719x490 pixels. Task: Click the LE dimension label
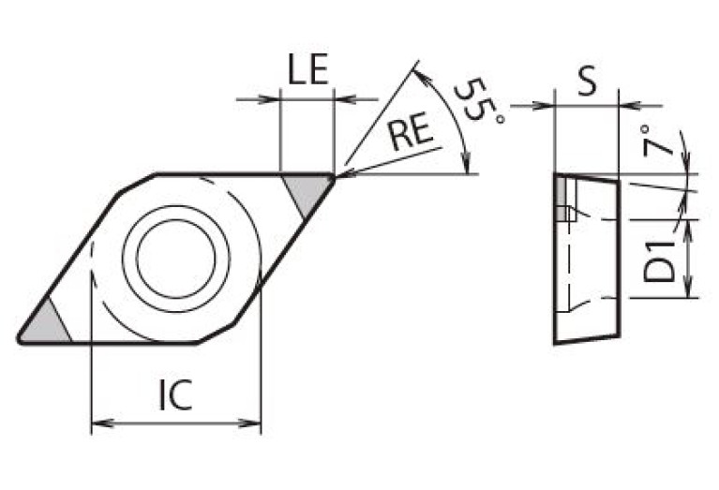click(307, 73)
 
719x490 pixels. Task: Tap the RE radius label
click(412, 134)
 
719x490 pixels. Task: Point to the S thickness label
click(587, 83)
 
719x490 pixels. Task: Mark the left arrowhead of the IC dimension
click(97, 423)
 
